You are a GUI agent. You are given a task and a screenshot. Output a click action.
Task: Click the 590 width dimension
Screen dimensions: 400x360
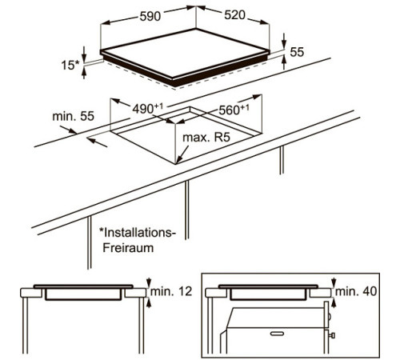point(150,16)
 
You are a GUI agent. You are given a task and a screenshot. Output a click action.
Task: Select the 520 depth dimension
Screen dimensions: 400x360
point(234,15)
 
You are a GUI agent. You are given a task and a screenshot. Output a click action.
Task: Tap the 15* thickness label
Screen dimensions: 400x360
point(70,65)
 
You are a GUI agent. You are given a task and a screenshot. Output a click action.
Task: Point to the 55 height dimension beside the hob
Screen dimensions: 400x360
point(297,52)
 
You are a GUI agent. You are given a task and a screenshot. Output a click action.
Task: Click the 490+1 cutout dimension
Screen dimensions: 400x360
point(147,108)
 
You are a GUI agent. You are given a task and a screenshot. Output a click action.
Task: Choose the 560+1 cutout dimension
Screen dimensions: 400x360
point(234,110)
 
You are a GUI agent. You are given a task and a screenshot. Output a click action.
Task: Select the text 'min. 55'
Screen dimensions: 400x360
point(74,116)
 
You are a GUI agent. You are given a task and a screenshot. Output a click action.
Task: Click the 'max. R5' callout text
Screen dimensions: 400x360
point(206,138)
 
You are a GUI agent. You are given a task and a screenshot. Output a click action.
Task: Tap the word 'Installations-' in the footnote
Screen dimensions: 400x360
point(138,233)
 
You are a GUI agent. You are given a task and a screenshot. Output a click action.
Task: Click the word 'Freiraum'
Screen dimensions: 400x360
point(128,248)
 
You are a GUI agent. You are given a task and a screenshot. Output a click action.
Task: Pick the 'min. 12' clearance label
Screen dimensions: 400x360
point(171,291)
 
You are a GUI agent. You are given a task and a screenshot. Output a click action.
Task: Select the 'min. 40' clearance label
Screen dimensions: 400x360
point(356,291)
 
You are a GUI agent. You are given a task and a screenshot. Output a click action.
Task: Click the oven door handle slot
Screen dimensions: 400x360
point(278,334)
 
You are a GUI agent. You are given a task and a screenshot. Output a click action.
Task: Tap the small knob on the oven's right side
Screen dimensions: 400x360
point(332,335)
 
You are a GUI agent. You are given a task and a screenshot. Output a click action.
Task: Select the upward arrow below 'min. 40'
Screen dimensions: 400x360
point(334,303)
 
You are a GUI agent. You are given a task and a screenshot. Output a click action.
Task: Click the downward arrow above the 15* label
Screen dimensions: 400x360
point(84,54)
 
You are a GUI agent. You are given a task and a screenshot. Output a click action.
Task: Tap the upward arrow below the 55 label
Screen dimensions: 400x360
point(284,63)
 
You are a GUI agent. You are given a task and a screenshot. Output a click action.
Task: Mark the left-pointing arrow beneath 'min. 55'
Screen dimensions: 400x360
point(97,142)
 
